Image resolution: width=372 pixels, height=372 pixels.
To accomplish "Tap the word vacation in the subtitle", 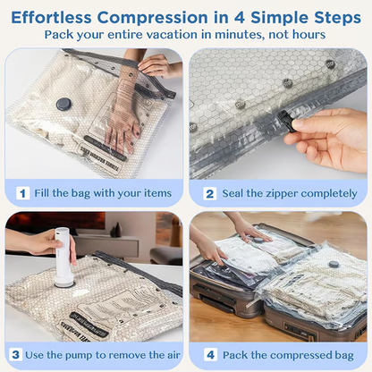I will tap(177, 35).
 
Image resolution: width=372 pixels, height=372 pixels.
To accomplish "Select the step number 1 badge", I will tap(21, 192).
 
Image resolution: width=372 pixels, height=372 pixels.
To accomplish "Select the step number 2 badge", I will tap(210, 192).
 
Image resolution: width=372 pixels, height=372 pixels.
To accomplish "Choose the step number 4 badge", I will tap(210, 354).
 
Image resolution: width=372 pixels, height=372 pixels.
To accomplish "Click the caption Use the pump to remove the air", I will tap(104, 354).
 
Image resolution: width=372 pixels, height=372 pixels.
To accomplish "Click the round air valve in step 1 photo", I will tap(64, 104).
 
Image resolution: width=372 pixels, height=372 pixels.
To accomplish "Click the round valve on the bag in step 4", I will tap(334, 265).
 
